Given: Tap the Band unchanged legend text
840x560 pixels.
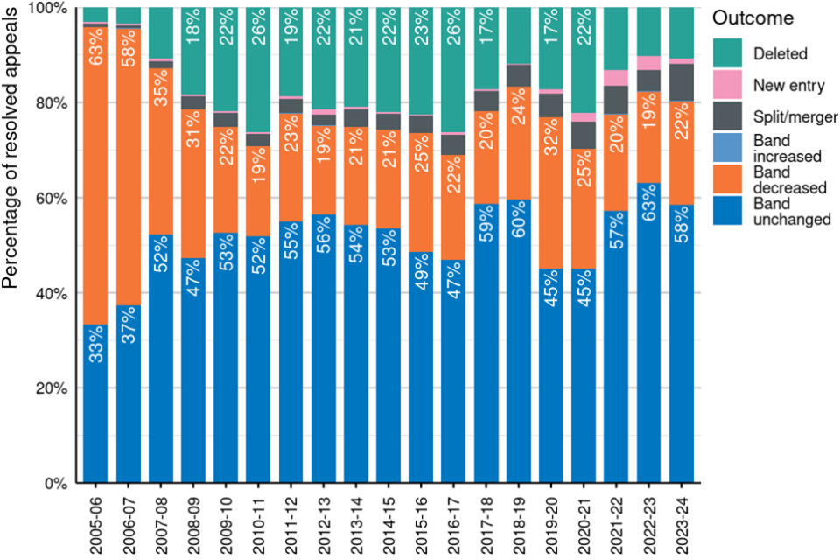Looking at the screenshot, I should [x=791, y=211].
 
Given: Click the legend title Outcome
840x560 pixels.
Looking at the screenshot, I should [x=752, y=18].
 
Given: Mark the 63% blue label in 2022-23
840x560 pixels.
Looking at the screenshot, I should [x=648, y=206].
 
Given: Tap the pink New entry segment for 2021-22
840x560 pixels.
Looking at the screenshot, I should [x=616, y=78].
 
